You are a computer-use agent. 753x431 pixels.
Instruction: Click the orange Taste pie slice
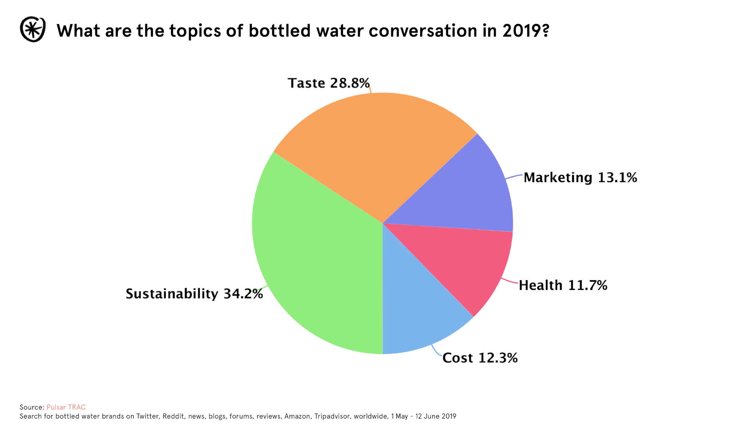[373, 151]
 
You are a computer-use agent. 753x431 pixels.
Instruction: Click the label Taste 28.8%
[328, 83]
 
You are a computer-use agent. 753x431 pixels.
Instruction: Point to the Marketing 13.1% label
[580, 178]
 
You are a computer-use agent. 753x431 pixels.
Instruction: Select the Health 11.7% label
[563, 285]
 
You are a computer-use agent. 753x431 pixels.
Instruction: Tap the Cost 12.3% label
[480, 358]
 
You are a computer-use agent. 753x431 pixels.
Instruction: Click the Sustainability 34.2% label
[194, 294]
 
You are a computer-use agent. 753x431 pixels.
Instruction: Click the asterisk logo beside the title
[33, 29]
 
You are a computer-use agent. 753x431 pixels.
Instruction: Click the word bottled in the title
[279, 31]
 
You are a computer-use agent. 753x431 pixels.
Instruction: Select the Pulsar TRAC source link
[66, 407]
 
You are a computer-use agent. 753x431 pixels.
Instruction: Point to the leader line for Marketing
[514, 176]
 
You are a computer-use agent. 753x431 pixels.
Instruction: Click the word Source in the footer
[31, 407]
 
